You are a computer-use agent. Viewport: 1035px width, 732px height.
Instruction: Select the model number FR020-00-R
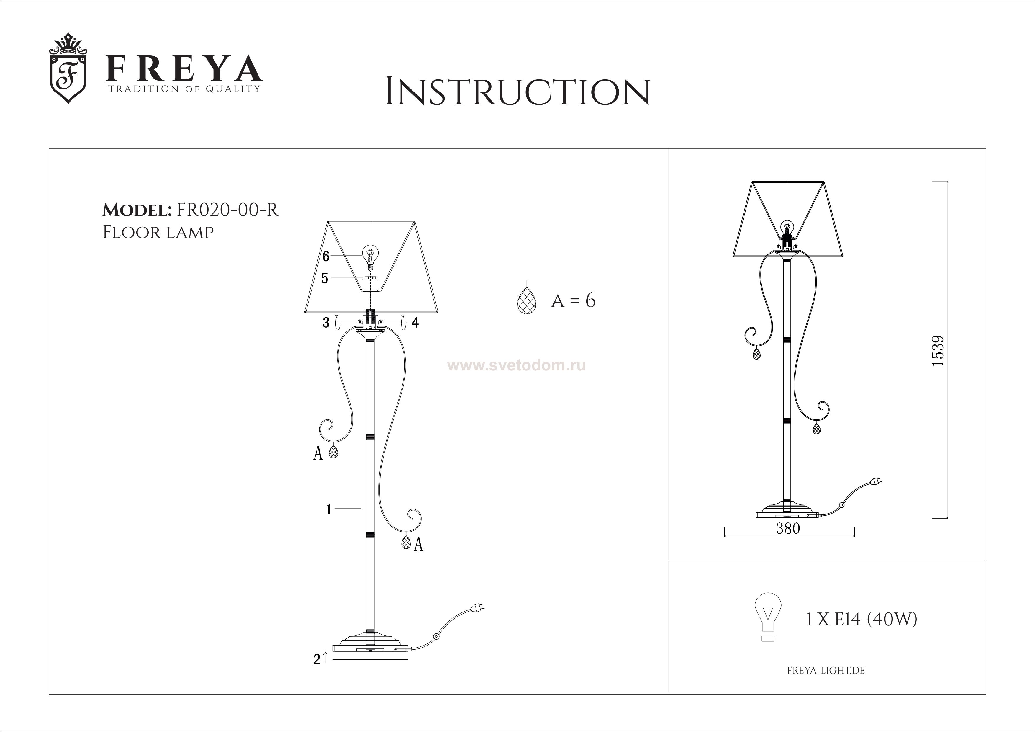[228, 210]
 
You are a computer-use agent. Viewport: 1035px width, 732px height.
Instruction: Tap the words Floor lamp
[158, 232]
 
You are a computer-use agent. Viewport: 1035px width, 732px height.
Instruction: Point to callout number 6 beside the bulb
[326, 256]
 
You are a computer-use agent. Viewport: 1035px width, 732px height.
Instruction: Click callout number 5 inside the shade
[325, 278]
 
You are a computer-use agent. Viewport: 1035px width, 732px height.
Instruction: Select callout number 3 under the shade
[326, 323]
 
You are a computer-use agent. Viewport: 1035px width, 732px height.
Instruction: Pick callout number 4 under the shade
[415, 323]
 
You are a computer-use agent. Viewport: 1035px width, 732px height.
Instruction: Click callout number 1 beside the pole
[329, 509]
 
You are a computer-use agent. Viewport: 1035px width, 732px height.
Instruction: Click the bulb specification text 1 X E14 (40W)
[861, 620]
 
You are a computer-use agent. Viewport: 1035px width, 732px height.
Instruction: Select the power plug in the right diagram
[874, 482]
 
